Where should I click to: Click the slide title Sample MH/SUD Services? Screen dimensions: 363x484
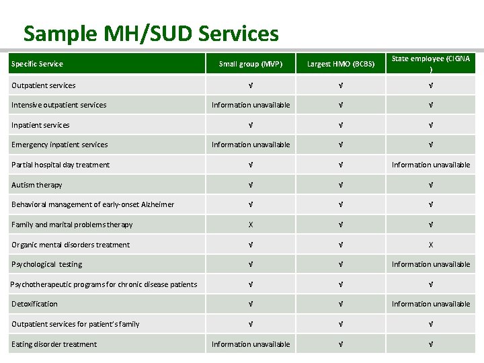[151, 33]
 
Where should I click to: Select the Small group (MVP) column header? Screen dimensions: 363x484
[251, 65]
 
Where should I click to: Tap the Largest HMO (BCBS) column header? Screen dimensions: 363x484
[339, 65]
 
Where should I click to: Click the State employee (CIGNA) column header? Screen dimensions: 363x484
[430, 63]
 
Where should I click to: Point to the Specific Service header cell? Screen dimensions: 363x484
[37, 65]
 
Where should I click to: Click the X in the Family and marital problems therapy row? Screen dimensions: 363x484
[251, 225]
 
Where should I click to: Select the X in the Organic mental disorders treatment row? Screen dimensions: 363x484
[430, 245]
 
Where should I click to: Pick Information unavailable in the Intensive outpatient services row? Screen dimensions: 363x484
[251, 105]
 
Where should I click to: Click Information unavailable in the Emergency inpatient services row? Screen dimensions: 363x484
[251, 145]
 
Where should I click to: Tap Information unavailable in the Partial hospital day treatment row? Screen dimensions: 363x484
[430, 165]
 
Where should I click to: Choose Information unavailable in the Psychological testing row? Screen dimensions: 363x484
[430, 264]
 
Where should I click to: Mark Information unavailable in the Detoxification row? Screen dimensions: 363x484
[430, 304]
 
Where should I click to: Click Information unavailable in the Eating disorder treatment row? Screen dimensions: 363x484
[251, 344]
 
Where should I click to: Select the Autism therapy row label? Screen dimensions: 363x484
[37, 185]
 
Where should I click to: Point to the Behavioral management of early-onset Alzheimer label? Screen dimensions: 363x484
[93, 204]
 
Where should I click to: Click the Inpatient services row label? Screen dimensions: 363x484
[40, 125]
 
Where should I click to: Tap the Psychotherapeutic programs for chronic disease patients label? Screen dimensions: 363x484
[104, 284]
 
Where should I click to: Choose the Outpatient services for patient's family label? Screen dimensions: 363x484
[75, 324]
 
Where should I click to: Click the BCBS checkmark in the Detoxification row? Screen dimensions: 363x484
[339, 304]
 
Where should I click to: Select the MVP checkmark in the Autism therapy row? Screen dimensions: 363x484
[251, 185]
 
